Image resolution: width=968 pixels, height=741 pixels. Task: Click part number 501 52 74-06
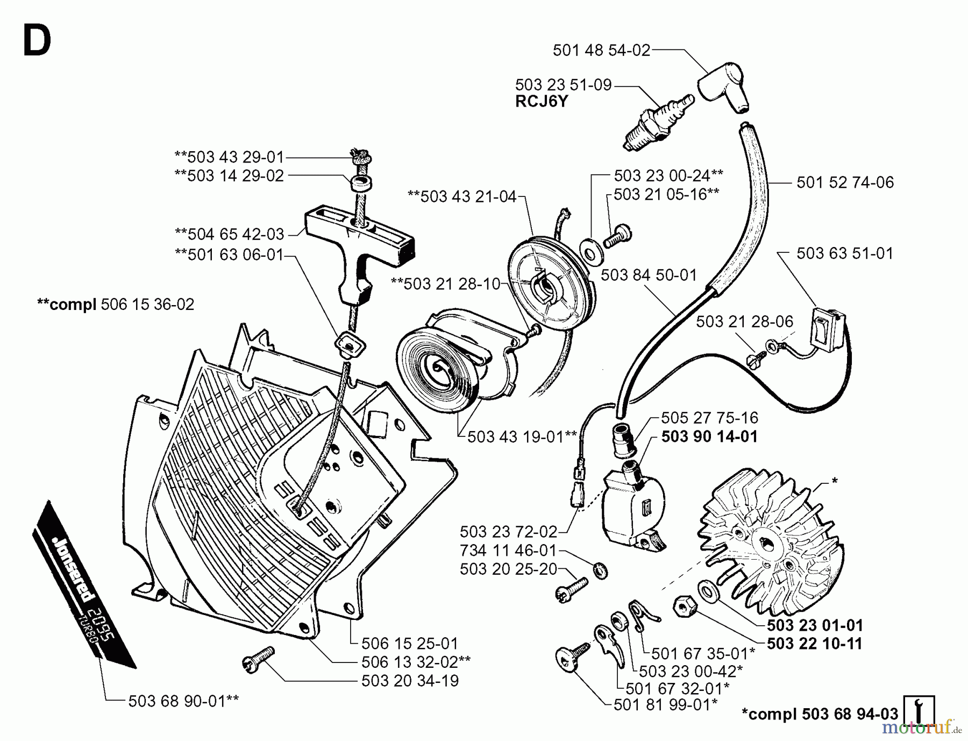[x=845, y=182]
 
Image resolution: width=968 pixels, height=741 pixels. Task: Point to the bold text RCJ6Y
[x=542, y=102]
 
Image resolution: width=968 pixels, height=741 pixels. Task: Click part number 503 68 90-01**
[x=183, y=701]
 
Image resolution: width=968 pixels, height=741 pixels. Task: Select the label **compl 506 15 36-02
[x=116, y=304]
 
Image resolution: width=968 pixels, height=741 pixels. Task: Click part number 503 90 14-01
[x=709, y=436]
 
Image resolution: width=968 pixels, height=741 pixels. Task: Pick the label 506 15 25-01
[x=410, y=643]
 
